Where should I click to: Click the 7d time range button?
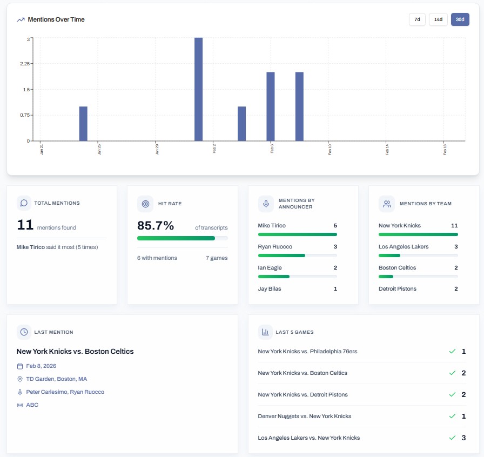(x=417, y=19)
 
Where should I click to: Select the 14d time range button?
(x=438, y=19)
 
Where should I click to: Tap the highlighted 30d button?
(x=460, y=19)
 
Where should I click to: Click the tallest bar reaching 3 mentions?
(x=198, y=89)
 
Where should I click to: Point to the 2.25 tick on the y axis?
(x=25, y=64)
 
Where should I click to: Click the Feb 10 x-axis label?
(x=330, y=150)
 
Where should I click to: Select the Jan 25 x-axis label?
(x=99, y=150)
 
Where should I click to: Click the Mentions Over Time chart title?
(x=56, y=19)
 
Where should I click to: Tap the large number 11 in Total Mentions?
(x=25, y=225)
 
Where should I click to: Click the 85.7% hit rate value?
(x=156, y=225)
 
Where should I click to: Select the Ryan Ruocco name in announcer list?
(x=275, y=246)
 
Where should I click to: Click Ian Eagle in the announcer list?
(x=270, y=267)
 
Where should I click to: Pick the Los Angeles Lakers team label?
(x=404, y=246)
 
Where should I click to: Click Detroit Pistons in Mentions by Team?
(x=398, y=288)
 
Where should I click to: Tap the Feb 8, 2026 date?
(x=41, y=366)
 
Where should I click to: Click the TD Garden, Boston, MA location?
(x=57, y=379)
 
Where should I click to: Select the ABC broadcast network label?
(x=32, y=405)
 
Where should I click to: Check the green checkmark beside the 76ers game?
(x=452, y=352)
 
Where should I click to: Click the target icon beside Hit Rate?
(x=145, y=204)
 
